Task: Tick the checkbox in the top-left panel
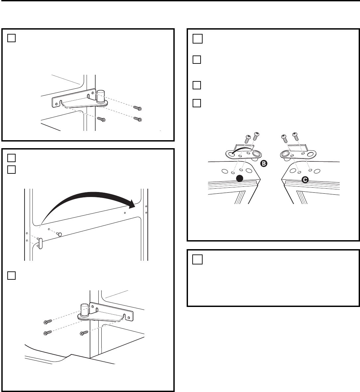coord(12,38)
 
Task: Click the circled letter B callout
coord(264,163)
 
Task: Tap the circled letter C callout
coord(305,180)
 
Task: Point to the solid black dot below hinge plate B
coord(240,178)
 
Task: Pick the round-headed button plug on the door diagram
coord(59,234)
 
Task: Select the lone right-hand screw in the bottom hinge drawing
coord(84,333)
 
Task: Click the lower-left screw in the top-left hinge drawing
coord(101,119)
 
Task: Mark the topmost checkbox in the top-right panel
coord(198,39)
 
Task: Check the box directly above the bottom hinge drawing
coord(12,275)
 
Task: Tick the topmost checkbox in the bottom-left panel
coord(12,158)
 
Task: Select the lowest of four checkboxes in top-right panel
coord(197,103)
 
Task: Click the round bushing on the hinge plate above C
coord(285,154)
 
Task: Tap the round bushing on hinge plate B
coord(256,153)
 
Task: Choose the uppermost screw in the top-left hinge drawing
coord(137,108)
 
